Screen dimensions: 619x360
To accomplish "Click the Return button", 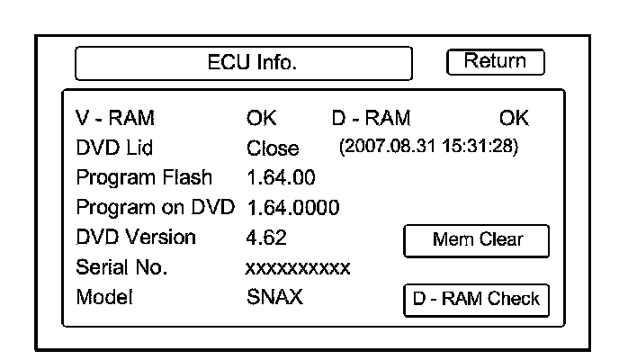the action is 496,62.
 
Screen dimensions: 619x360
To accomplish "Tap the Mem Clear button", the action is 475,240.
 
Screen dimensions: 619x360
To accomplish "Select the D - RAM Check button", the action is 475,299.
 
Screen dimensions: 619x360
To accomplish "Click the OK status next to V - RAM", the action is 262,118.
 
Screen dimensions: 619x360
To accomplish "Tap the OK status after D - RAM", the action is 513,118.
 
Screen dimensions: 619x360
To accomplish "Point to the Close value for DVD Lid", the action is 273,148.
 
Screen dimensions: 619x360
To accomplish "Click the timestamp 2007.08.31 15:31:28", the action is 427,147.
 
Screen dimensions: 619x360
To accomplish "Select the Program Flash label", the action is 145,177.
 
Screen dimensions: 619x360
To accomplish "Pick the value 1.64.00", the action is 281,177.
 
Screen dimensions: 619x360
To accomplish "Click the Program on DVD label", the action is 156,208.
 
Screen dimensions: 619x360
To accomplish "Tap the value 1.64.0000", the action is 292,208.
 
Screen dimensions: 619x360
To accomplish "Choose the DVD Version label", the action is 136,238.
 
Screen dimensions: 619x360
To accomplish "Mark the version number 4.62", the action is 265,238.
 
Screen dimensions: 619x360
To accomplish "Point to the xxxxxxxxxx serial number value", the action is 297,268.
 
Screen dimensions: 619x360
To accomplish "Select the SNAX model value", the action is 274,298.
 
